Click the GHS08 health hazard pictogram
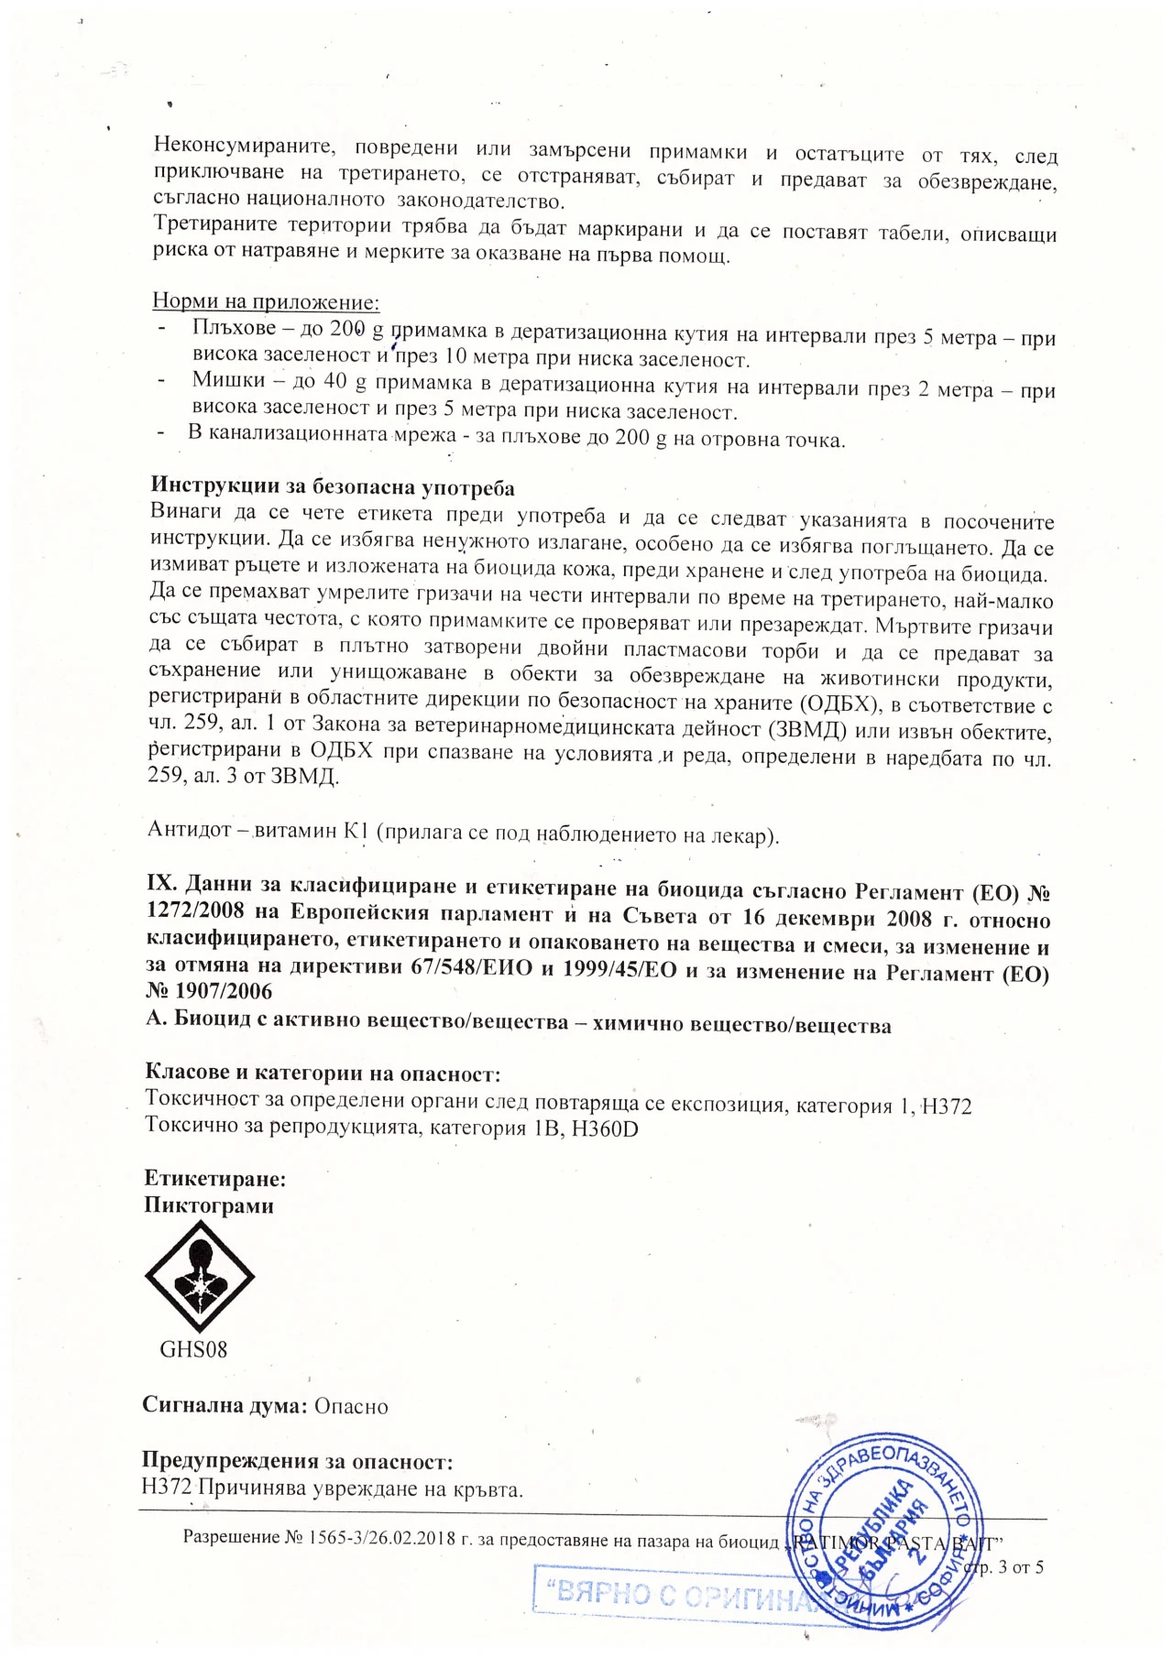pos(200,1275)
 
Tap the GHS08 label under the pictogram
pos(193,1349)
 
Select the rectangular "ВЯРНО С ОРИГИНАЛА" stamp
pos(678,1596)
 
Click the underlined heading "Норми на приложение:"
pos(266,301)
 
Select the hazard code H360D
pos(605,1128)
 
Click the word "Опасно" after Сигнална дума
pos(351,1406)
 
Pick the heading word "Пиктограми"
pos(209,1205)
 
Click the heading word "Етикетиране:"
pos(215,1179)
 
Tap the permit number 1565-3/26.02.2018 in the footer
pos(382,1538)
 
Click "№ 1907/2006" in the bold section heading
pos(209,990)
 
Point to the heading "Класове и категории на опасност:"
pos(323,1073)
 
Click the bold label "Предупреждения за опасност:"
pos(297,1462)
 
